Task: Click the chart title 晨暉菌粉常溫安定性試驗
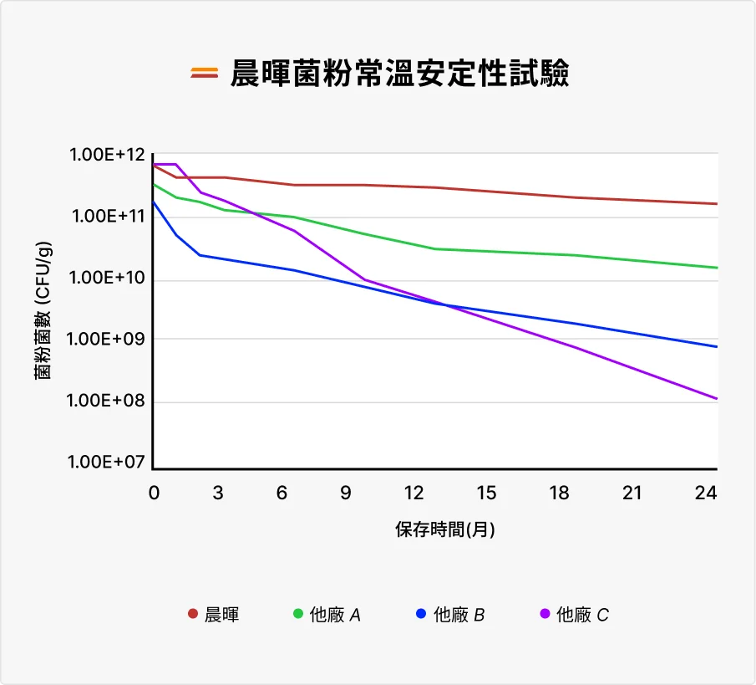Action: [x=400, y=74]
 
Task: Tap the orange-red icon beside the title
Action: [x=204, y=74]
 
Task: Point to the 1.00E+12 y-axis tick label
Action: [x=108, y=156]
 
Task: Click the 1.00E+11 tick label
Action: [x=108, y=217]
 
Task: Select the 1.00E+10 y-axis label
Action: [x=108, y=278]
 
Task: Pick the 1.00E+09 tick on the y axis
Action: [x=108, y=340]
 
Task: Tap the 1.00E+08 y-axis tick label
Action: [x=108, y=401]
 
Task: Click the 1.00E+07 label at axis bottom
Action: [x=108, y=463]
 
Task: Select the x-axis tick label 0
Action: [x=154, y=493]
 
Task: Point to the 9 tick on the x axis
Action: [x=347, y=493]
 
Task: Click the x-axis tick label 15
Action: [x=486, y=493]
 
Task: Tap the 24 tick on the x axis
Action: [x=707, y=493]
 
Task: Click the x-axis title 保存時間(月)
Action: [x=445, y=530]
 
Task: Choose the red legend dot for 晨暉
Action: [x=193, y=615]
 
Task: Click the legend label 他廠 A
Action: [x=335, y=616]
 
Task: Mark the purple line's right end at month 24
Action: [x=716, y=398]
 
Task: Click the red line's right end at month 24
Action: [x=716, y=203]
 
